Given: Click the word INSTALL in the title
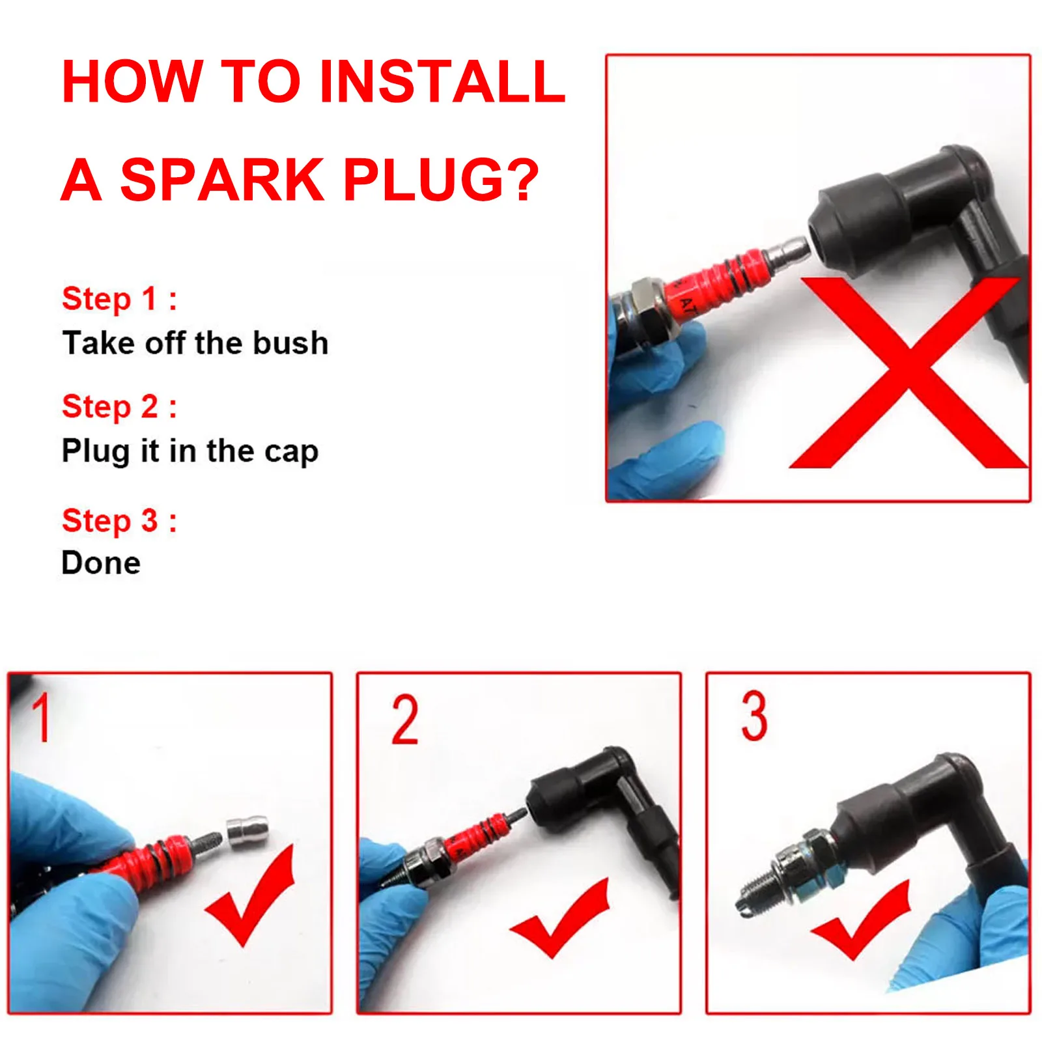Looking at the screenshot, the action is (442, 81).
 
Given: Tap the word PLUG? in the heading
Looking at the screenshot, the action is (441, 179).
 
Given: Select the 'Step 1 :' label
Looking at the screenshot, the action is (119, 299).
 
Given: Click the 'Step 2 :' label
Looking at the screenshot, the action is (119, 407).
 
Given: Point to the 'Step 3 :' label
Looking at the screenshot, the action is (119, 520).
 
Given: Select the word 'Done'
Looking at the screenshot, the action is (101, 563).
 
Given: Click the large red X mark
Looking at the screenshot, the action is (908, 373).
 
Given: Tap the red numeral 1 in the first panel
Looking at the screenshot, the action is (42, 717).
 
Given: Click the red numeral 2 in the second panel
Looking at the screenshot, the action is (404, 719).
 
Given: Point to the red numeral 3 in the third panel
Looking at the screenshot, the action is (754, 716).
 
